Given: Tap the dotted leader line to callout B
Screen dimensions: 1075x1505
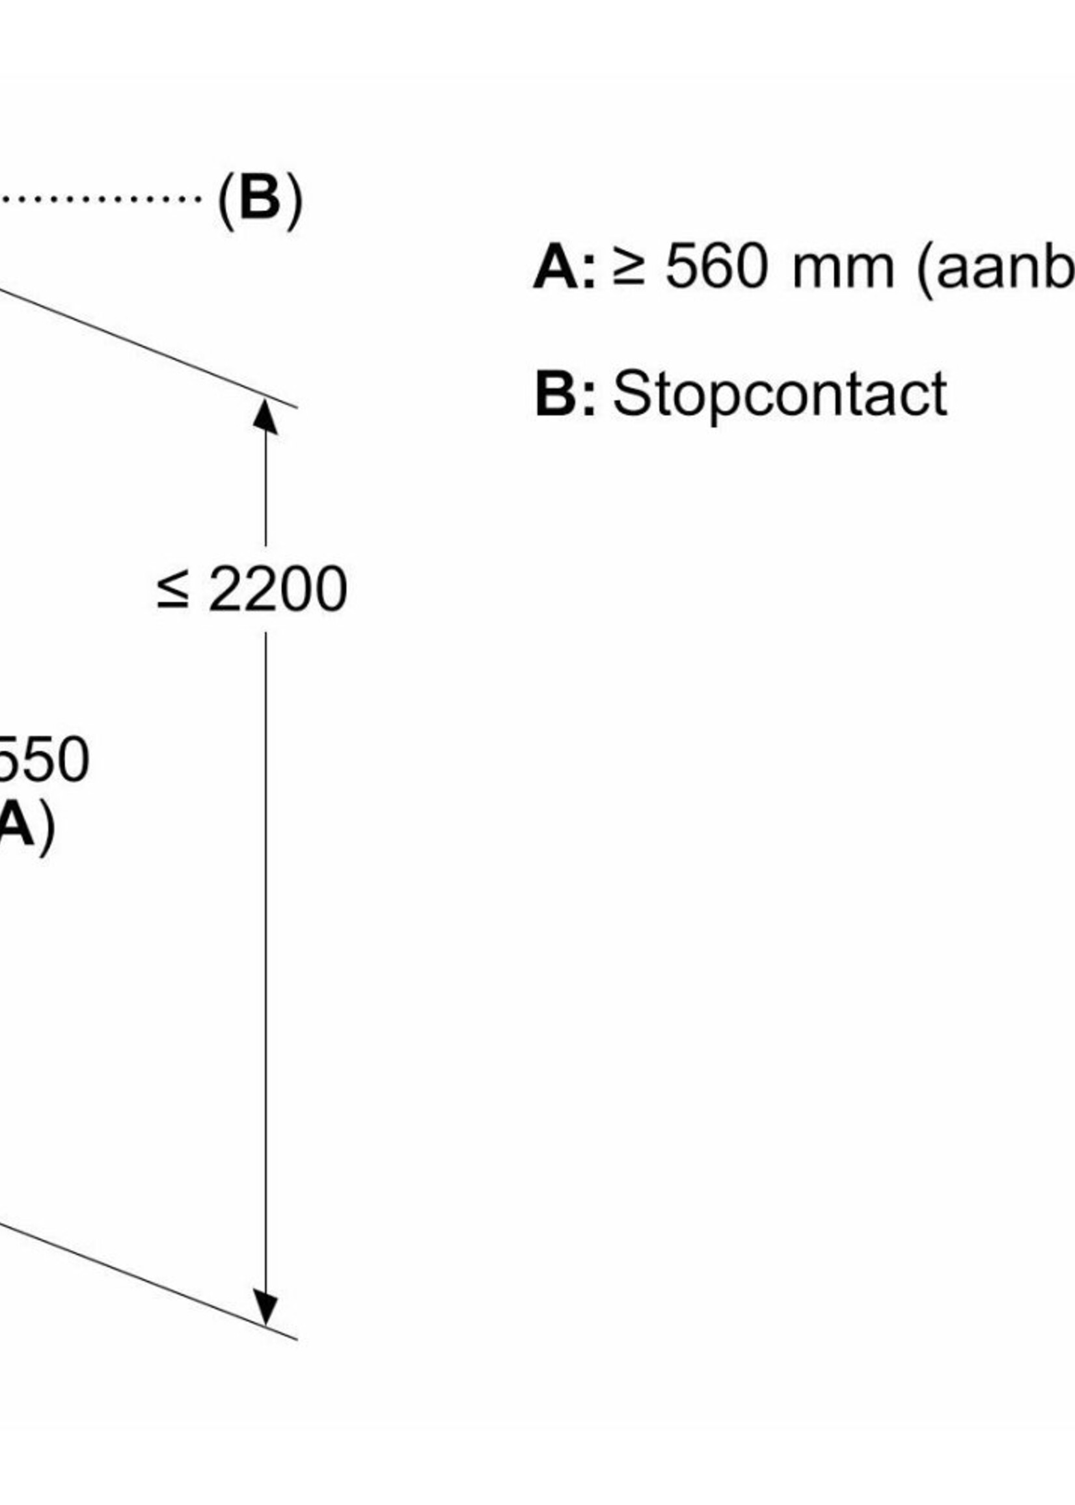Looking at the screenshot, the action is click(x=100, y=198).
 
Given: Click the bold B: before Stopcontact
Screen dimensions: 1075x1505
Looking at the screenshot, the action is click(x=565, y=394).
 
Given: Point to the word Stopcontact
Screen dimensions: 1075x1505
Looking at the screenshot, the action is click(x=780, y=394).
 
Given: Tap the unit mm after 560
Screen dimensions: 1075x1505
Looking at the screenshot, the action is click(x=843, y=270).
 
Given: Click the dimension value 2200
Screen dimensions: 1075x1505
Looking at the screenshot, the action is click(x=277, y=589).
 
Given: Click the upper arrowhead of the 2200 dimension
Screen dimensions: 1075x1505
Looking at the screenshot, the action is click(x=265, y=418).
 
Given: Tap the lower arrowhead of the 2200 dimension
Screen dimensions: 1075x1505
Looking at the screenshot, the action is click(x=265, y=1308).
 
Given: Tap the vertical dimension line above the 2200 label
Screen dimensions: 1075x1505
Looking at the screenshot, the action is click(x=265, y=490).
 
